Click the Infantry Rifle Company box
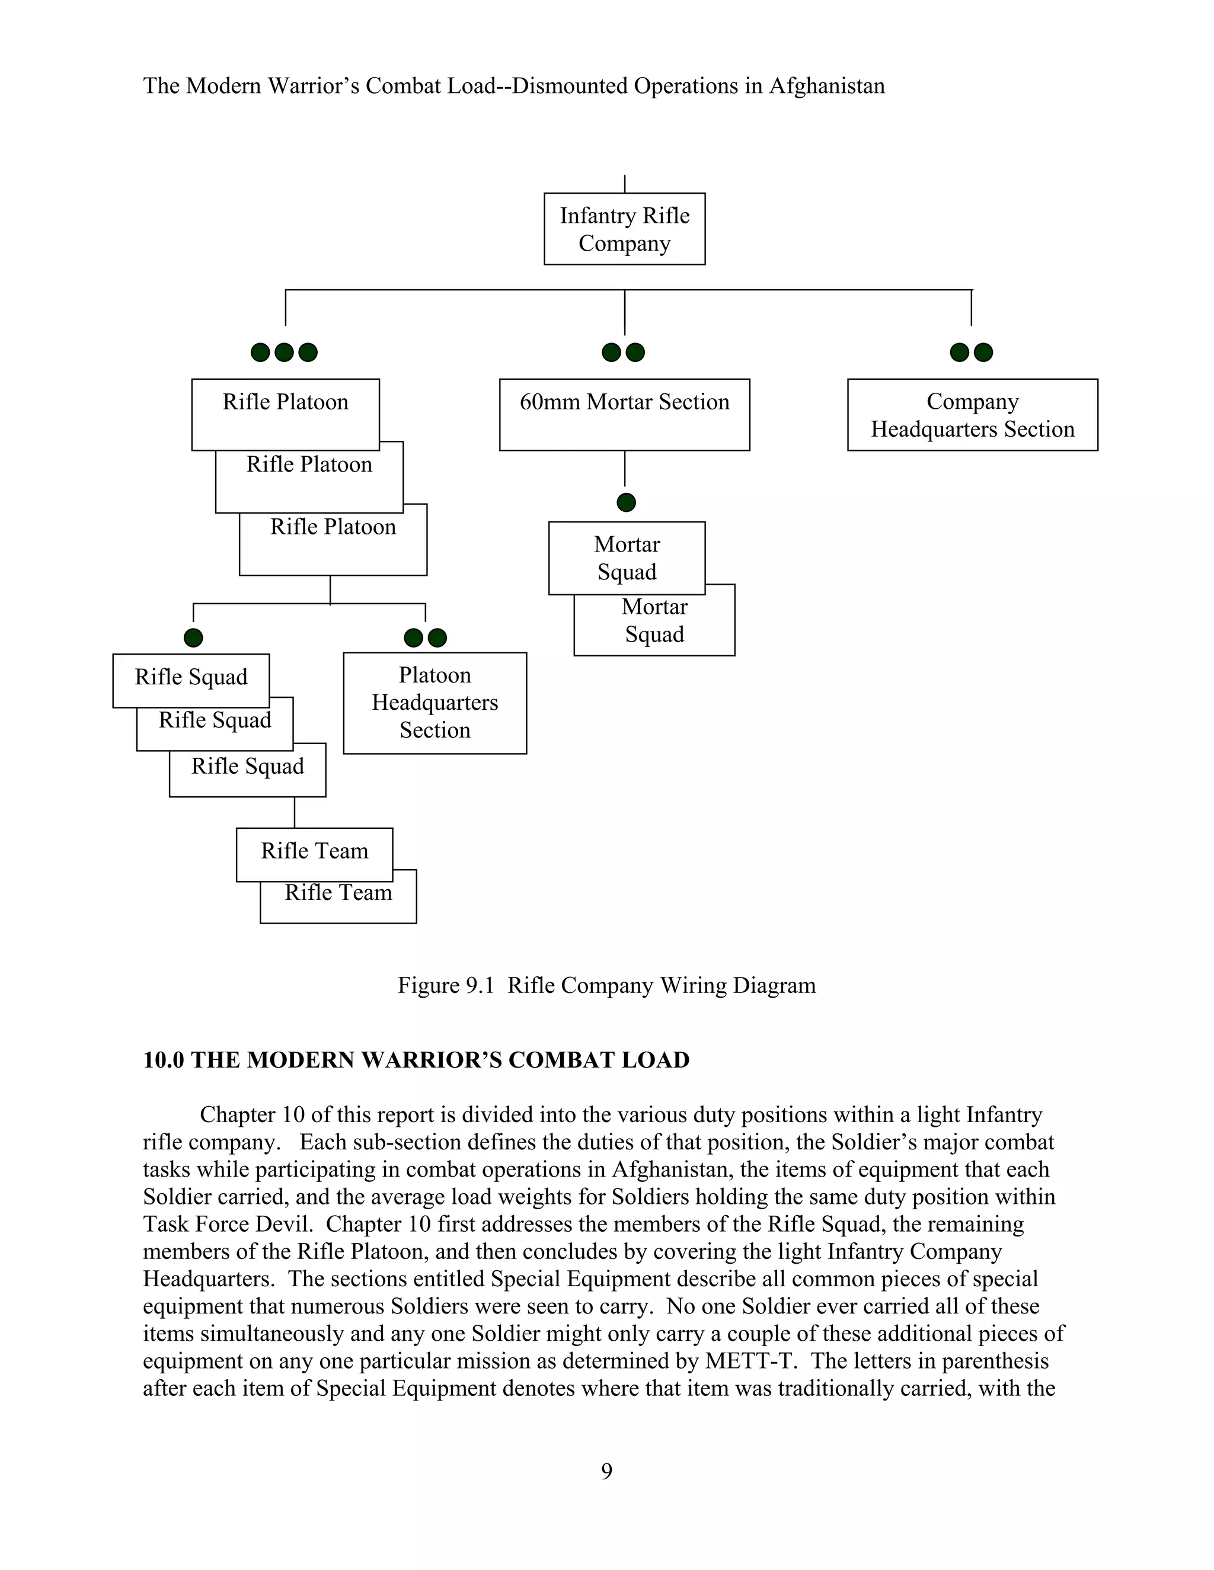pyautogui.click(x=624, y=229)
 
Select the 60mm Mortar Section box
pyautogui.click(x=624, y=414)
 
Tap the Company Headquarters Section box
pyautogui.click(x=972, y=414)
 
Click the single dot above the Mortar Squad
pyautogui.click(x=627, y=502)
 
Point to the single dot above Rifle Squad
pyautogui.click(x=193, y=637)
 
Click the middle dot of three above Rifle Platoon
pyautogui.click(x=284, y=353)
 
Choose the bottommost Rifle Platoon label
pyautogui.click(x=333, y=527)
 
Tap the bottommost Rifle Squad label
pyautogui.click(x=247, y=766)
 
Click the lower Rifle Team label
pyautogui.click(x=338, y=893)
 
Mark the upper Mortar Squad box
pyautogui.click(x=627, y=558)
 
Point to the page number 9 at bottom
pyautogui.click(x=606, y=1472)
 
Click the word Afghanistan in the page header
pyautogui.click(x=827, y=86)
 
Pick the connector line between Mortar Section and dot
pyautogui.click(x=624, y=469)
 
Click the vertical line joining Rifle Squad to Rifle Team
pyautogui.click(x=295, y=812)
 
